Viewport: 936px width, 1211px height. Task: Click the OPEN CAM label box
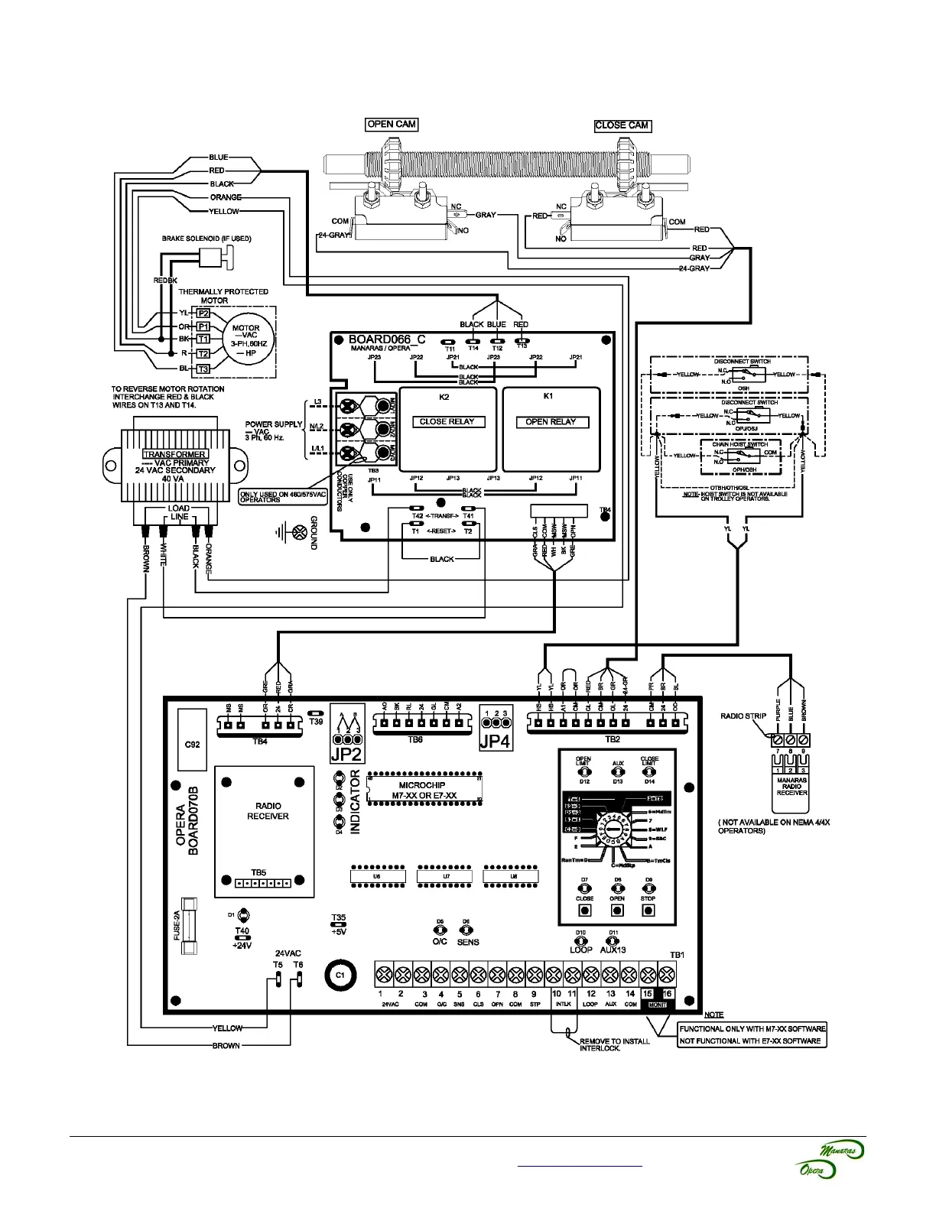[392, 124]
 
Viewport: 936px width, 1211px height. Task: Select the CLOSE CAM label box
[622, 125]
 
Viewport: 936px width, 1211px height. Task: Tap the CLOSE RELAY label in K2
[447, 421]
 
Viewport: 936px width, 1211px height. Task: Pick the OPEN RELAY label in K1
[551, 421]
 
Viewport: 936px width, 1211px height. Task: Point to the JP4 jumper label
[495, 740]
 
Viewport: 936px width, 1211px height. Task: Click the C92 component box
[192, 744]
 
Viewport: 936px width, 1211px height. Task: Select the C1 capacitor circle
[341, 976]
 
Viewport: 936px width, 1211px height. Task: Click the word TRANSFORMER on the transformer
[174, 454]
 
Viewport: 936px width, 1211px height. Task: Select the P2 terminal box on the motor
[203, 313]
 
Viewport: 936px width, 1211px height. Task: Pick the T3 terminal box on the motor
[203, 368]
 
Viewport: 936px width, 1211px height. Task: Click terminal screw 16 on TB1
[666, 975]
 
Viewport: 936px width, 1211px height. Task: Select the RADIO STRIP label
[743, 716]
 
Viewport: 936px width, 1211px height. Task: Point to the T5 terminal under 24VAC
[278, 980]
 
